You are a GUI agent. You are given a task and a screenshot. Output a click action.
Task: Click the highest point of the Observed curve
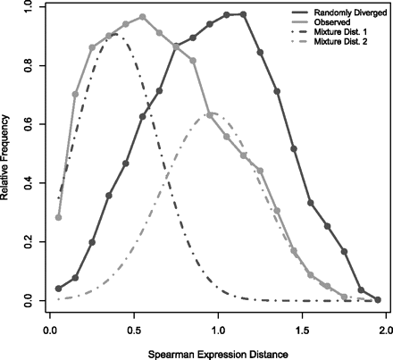tap(143, 17)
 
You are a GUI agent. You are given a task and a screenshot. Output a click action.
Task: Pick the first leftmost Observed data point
tap(59, 217)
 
